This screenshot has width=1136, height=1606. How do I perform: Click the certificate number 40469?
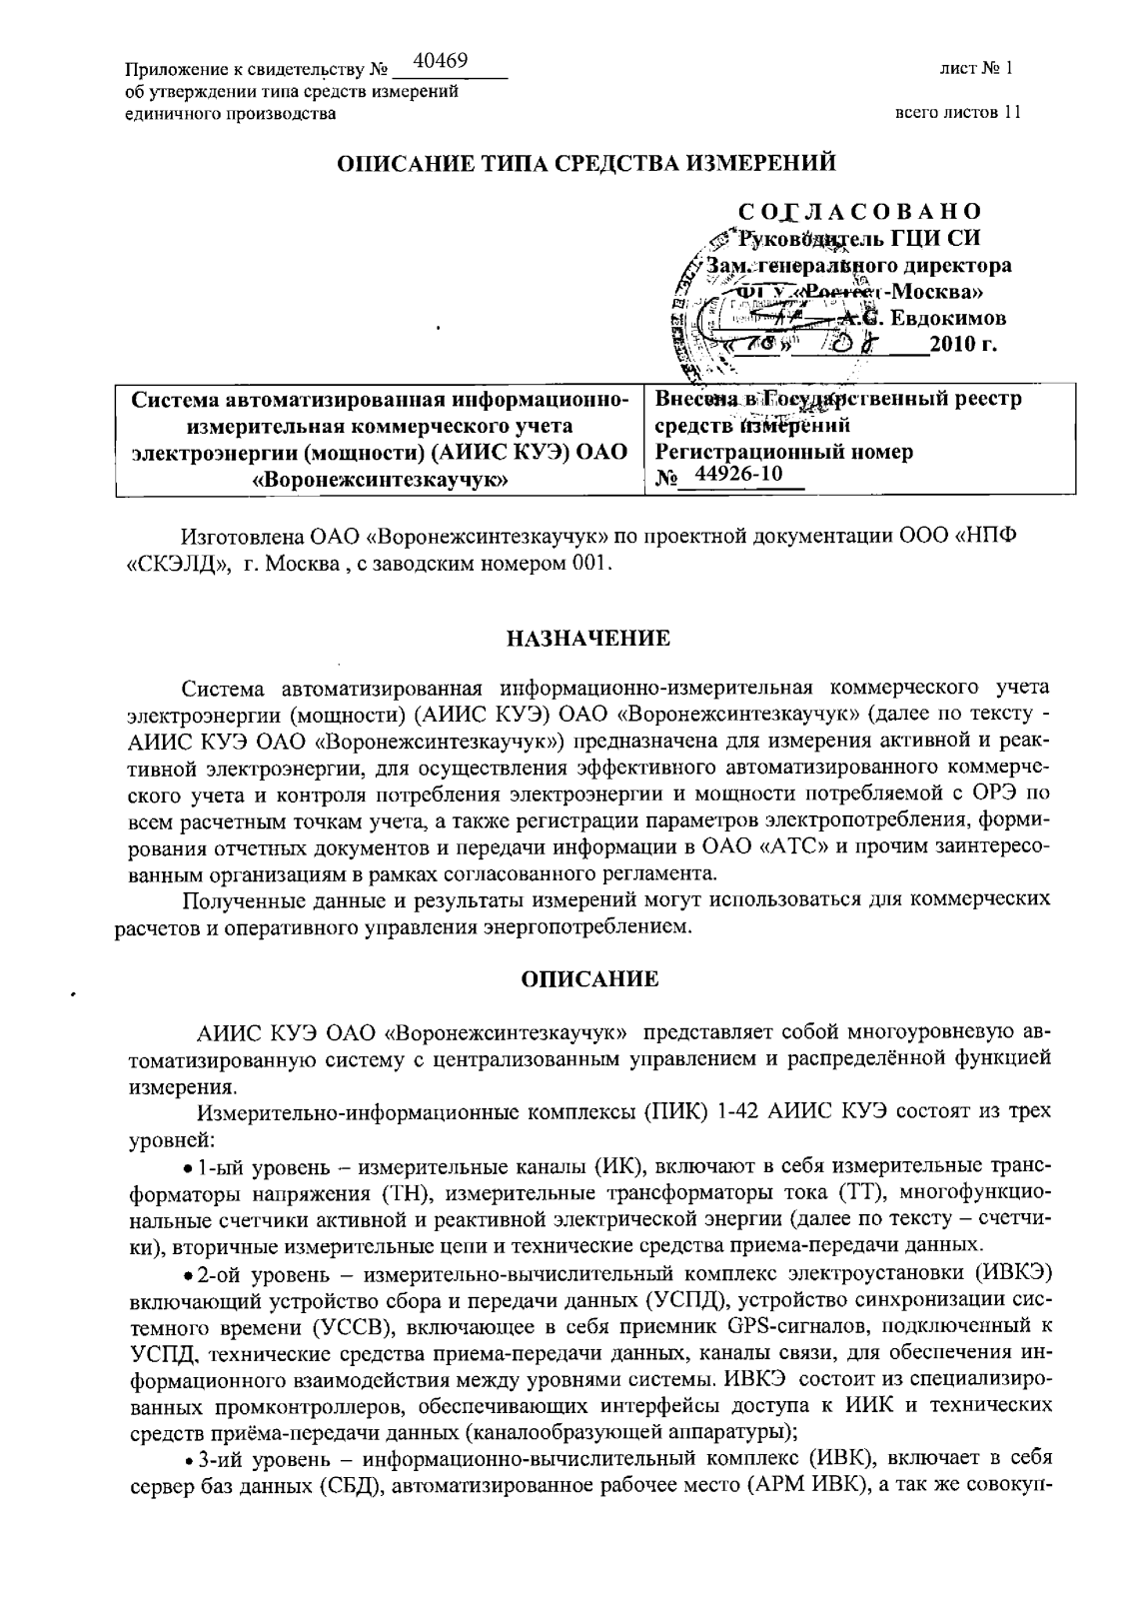(x=440, y=62)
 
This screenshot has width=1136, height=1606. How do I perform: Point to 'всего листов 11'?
(x=958, y=113)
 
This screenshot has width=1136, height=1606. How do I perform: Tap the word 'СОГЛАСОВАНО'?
(x=859, y=212)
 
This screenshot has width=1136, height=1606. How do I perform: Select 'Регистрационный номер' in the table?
(x=783, y=451)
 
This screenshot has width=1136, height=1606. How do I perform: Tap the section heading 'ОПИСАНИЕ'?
(x=590, y=978)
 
